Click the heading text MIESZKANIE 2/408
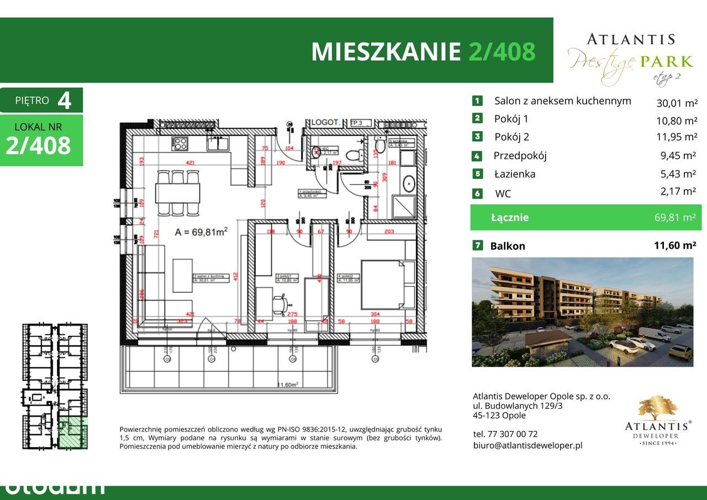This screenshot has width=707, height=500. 423,51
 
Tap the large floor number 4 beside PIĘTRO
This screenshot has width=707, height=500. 64,101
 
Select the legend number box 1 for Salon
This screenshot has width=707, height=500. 477,101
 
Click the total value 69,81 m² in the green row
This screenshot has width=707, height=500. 674,218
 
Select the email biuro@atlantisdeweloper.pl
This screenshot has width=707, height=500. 527,445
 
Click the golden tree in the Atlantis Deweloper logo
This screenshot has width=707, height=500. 657,407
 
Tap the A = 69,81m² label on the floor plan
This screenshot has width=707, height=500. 202,233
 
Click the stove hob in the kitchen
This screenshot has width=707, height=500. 180,144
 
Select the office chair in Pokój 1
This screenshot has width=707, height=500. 281,302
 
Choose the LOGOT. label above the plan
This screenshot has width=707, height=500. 324,123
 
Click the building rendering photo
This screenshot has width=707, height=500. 582,312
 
